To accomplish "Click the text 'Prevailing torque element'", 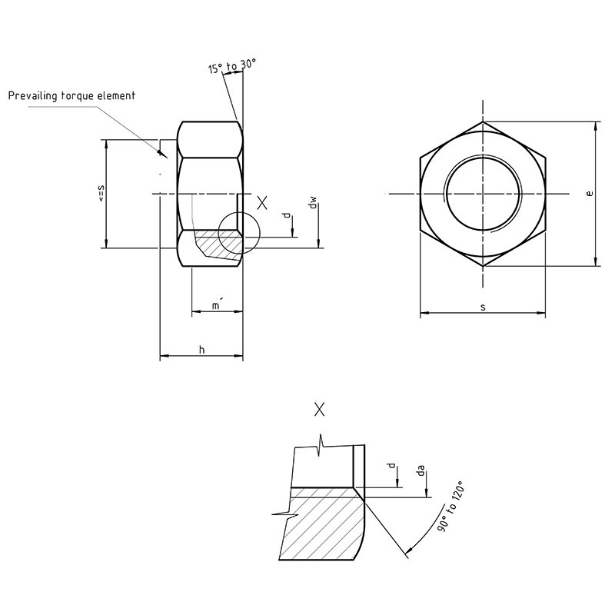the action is point(71,95).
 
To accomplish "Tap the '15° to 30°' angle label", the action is point(232,66).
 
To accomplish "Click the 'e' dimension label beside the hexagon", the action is point(589,194).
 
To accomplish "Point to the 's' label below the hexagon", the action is point(483,307).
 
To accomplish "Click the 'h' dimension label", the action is point(201,350).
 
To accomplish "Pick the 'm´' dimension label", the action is point(216,304).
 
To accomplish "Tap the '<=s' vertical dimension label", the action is point(101,194).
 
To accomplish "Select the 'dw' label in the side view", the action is point(313,203).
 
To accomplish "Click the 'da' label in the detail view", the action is point(421,470).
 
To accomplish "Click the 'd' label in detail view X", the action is point(391,466).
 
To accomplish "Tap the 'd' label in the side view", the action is point(287,215).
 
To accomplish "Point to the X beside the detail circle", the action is point(262,203).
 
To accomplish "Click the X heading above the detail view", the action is point(320,410).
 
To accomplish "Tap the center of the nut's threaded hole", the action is point(483,194).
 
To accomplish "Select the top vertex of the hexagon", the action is point(483,121).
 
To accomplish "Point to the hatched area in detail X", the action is point(324,524).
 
